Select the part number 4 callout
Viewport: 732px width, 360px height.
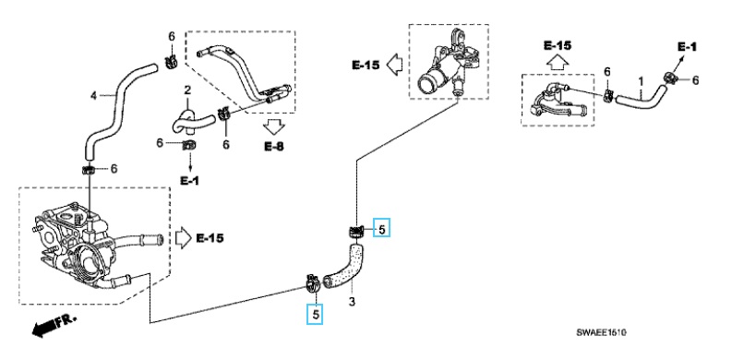tap(92, 95)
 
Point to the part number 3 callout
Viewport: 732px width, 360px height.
tap(351, 301)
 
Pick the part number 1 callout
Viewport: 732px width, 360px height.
tap(641, 82)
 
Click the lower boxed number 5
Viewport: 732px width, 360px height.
tap(317, 314)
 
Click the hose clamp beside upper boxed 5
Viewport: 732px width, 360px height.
tap(354, 231)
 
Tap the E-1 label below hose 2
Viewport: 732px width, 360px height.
tap(189, 180)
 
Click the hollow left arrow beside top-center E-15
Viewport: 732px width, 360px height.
tap(391, 65)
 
